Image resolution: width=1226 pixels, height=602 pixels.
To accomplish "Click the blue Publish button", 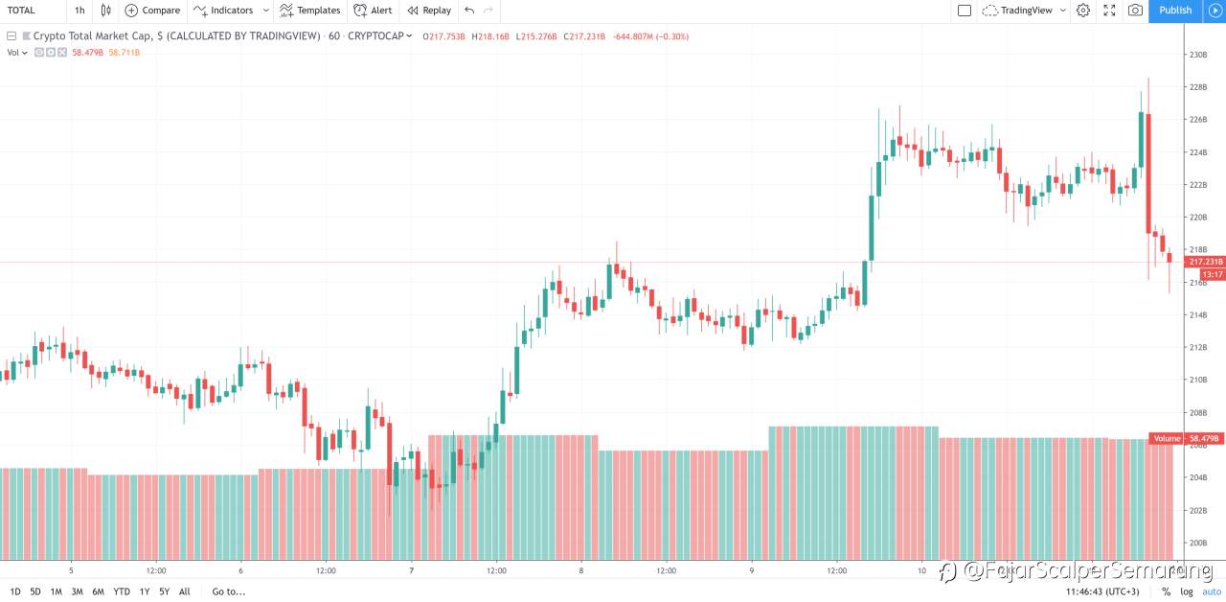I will tap(1175, 11).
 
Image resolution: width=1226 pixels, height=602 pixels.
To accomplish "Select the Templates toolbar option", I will tap(309, 11).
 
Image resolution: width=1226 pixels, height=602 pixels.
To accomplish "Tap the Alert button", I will tap(373, 11).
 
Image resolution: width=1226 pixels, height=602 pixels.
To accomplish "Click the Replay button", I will tap(428, 11).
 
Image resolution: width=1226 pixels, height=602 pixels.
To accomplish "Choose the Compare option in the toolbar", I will tap(152, 11).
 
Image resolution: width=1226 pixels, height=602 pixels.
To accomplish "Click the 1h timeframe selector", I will tap(79, 11).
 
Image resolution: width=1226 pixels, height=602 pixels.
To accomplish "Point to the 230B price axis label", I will tap(1197, 55).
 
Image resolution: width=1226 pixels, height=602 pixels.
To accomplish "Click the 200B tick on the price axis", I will tap(1197, 543).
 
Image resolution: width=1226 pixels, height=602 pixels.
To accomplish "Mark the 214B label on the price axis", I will tap(1197, 315).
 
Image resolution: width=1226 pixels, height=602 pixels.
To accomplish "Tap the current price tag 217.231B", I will tap(1205, 262).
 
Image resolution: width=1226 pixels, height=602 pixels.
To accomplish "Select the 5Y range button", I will tap(165, 591).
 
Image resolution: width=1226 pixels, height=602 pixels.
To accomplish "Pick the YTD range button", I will tap(122, 591).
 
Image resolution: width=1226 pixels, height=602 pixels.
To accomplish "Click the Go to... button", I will tap(228, 591).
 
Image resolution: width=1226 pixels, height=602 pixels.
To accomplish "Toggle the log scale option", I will tap(1186, 591).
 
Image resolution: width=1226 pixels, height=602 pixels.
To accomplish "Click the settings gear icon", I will tap(1083, 11).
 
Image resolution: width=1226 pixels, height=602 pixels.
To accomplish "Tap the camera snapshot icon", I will tap(1135, 11).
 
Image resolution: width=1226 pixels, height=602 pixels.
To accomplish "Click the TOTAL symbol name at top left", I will tap(21, 11).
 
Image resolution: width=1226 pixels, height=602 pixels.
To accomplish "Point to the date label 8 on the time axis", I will tap(580, 570).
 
